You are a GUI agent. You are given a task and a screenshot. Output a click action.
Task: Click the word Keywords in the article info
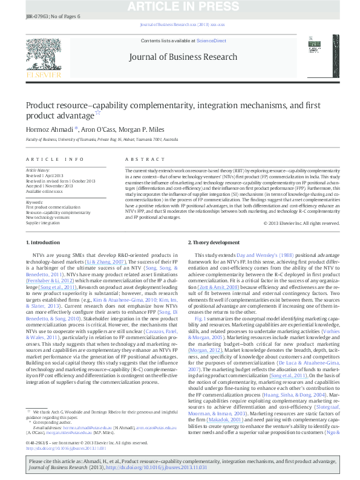click(x=34, y=203)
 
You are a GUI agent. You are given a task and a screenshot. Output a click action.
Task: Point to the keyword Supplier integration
click(x=43, y=223)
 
